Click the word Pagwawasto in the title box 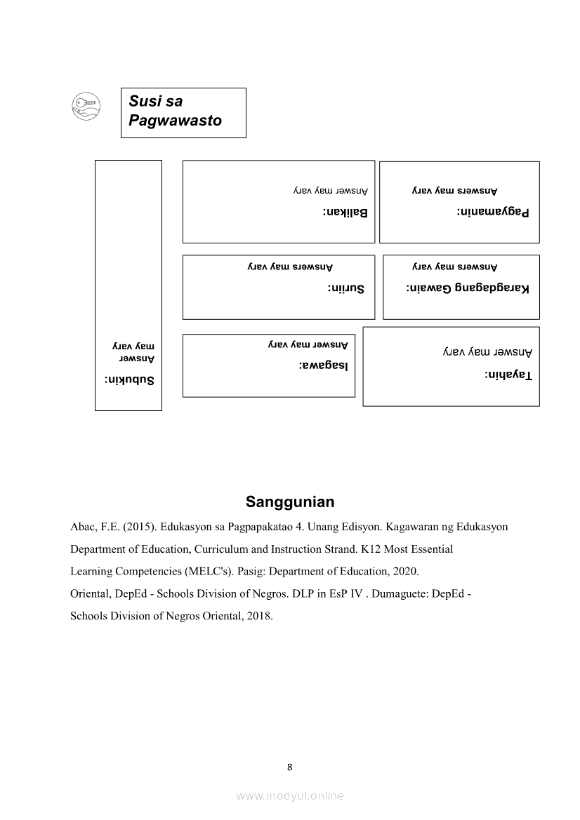click(175, 121)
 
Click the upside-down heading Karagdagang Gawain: click(468, 288)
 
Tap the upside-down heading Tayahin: click(508, 375)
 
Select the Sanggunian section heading click(290, 502)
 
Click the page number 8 click(290, 767)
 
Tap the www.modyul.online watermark click(290, 795)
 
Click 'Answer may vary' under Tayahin click(487, 351)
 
